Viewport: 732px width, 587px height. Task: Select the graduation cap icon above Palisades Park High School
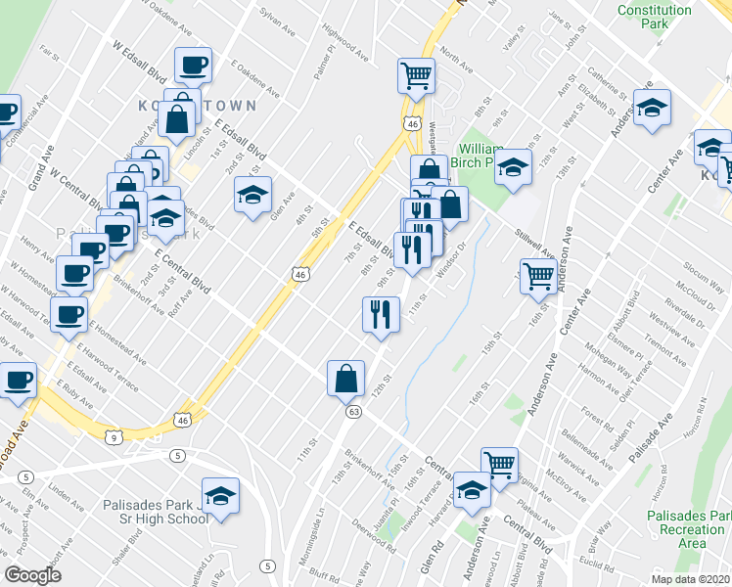pos(220,494)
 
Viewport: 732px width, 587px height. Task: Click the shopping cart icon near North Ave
pos(417,74)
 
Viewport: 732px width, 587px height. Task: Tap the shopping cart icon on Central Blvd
pos(500,464)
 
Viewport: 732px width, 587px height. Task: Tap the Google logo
pos(33,574)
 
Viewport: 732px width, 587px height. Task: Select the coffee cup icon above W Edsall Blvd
pos(192,67)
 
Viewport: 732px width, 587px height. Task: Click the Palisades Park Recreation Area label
pos(689,528)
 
